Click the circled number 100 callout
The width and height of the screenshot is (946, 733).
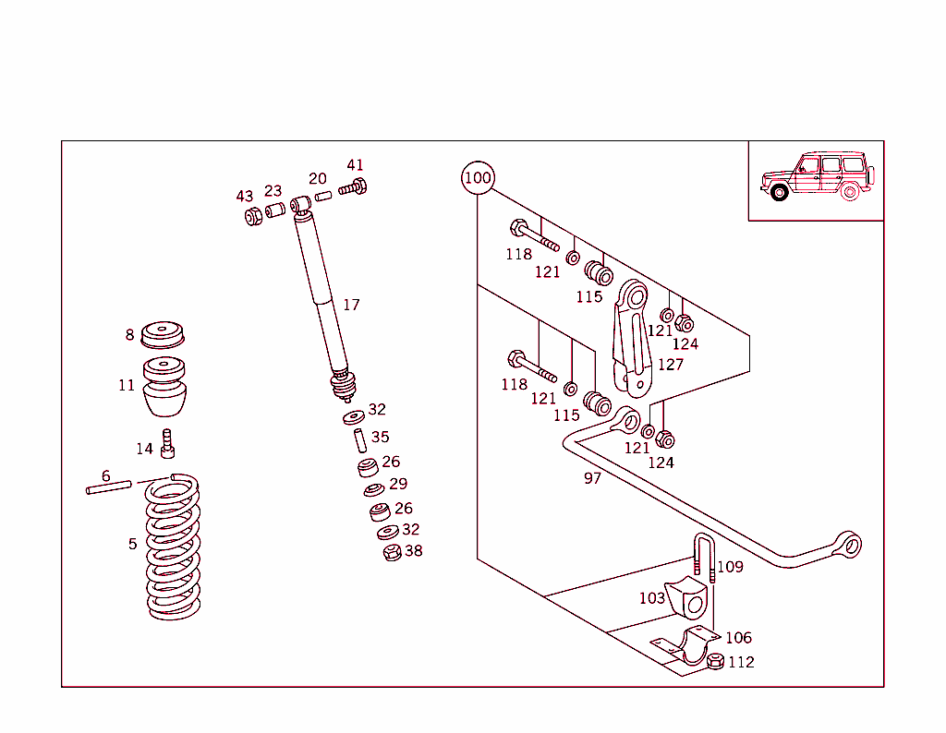pyautogui.click(x=478, y=178)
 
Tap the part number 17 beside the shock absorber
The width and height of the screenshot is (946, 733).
pyautogui.click(x=351, y=305)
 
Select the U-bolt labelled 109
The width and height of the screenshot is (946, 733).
pyautogui.click(x=704, y=558)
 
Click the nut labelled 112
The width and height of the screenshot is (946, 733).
pyautogui.click(x=714, y=661)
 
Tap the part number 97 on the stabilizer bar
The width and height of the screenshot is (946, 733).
pyautogui.click(x=592, y=478)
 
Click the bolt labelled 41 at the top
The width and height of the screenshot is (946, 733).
pyautogui.click(x=353, y=187)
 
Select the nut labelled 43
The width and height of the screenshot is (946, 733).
pyautogui.click(x=251, y=216)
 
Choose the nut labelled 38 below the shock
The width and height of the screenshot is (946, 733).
pyautogui.click(x=392, y=553)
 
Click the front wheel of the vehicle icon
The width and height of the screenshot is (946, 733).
pyautogui.click(x=779, y=192)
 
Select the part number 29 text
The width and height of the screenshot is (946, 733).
pyautogui.click(x=398, y=484)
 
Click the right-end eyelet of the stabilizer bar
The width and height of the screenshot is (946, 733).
pyautogui.click(x=848, y=545)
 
